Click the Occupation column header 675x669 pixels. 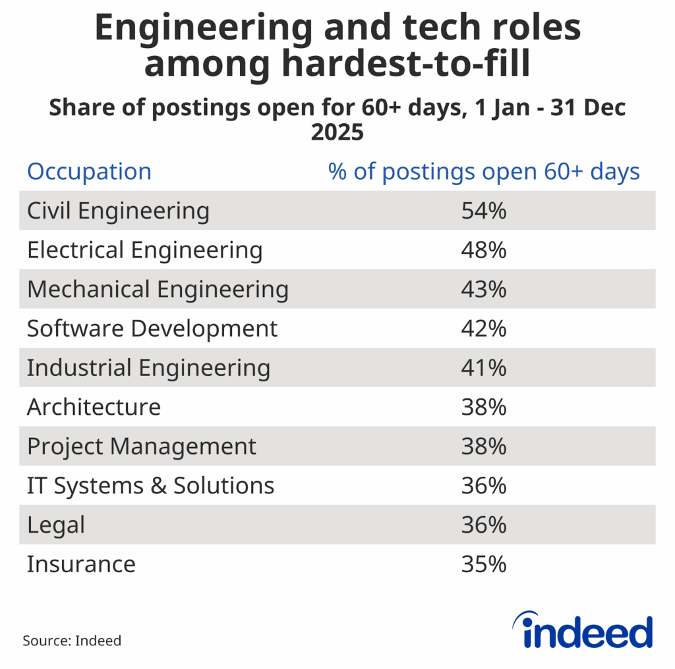[x=89, y=172]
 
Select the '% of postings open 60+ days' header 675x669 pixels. [x=484, y=172]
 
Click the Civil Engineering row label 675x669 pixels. [x=118, y=211]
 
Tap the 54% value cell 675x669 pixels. [x=484, y=211]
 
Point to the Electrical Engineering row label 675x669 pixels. [x=144, y=250]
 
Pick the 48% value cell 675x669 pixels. [x=484, y=250]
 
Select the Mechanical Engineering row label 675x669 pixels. [x=158, y=290]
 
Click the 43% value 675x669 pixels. [x=484, y=290]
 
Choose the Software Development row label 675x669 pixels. [x=152, y=329]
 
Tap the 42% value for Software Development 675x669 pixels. [x=484, y=329]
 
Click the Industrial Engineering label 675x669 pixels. [x=148, y=368]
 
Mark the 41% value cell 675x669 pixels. [x=484, y=368]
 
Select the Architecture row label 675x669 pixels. [x=94, y=407]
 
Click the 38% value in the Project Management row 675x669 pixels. [x=484, y=446]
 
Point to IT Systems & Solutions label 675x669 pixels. [x=150, y=486]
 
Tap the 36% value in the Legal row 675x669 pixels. [x=484, y=525]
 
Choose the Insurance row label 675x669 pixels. [x=81, y=564]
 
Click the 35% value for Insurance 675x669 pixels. [x=484, y=564]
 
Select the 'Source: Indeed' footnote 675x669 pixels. [x=73, y=640]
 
